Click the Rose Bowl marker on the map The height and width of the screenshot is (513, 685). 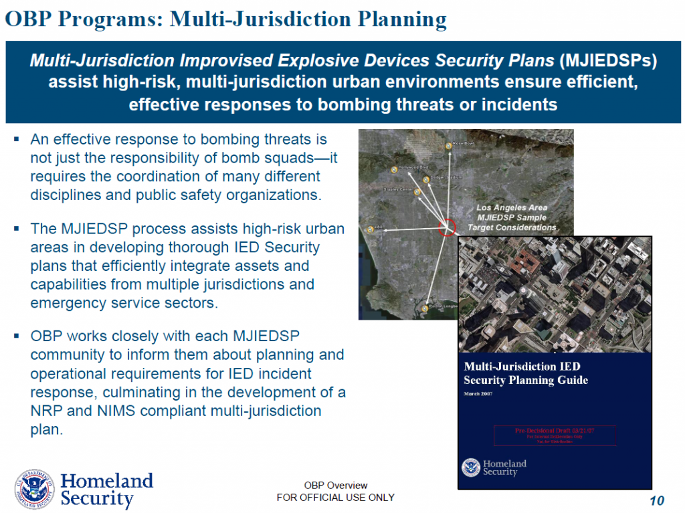[x=449, y=146]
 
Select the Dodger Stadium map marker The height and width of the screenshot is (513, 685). [x=426, y=179]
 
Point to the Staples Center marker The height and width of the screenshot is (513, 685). [x=417, y=192]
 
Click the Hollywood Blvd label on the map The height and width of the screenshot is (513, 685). [x=413, y=167]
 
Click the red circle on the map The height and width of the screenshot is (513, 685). [x=447, y=227]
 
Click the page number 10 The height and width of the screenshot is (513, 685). [x=656, y=501]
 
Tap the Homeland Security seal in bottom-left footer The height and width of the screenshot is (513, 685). [x=35, y=490]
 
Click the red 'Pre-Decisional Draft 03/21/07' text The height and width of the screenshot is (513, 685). [x=555, y=431]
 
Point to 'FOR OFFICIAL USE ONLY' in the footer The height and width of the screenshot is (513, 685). [x=335, y=498]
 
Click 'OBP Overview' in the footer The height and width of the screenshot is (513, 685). [x=335, y=486]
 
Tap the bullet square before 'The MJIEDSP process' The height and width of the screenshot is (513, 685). [x=17, y=229]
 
